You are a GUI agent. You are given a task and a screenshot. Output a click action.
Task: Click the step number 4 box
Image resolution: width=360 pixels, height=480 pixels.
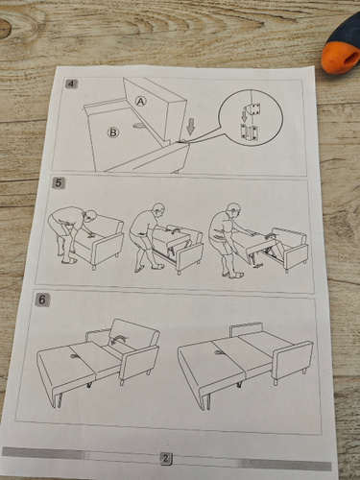tap(72, 84)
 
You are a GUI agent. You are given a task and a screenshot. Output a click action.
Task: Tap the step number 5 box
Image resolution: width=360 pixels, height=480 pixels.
tap(59, 183)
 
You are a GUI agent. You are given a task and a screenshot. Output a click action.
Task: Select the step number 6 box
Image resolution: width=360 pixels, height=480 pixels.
tap(42, 300)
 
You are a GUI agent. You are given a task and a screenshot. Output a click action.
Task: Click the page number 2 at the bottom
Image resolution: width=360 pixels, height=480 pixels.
tap(165, 458)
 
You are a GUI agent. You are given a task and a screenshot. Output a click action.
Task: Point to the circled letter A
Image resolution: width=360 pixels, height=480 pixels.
tap(140, 101)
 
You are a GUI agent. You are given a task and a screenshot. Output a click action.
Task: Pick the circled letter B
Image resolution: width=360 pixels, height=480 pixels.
tap(113, 132)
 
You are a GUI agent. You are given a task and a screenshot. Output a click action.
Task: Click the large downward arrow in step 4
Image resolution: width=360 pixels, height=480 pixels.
tap(191, 127)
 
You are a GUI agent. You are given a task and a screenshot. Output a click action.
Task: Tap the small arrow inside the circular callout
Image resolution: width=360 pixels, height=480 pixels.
tap(244, 116)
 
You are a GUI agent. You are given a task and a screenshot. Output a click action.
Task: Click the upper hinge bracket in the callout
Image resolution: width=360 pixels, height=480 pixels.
tap(252, 109)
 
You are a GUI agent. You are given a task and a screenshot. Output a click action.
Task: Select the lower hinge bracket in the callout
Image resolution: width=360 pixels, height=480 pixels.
tap(249, 132)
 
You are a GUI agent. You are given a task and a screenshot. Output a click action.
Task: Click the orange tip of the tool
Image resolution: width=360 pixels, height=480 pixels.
tap(340, 58)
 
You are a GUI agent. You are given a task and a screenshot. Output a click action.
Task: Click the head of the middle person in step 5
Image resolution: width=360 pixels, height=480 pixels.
tap(159, 210)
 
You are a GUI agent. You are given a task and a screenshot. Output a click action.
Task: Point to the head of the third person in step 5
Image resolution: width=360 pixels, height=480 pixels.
tap(234, 210)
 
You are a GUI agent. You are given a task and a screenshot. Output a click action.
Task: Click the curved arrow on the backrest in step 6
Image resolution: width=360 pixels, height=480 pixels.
tap(118, 338)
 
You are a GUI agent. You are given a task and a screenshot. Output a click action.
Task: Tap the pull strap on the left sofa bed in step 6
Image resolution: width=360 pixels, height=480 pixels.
tap(75, 356)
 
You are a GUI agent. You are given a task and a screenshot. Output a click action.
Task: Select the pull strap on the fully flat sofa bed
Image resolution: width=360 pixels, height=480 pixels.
tap(219, 352)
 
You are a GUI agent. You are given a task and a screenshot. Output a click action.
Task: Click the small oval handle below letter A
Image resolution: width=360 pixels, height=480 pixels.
tap(140, 126)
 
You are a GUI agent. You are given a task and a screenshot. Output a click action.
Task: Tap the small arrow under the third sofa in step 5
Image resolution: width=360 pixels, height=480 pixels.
tap(257, 265)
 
